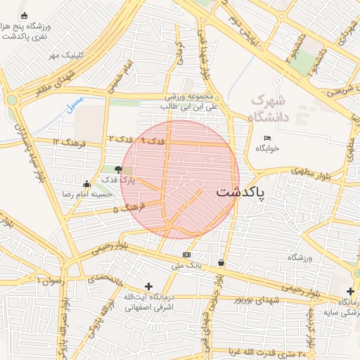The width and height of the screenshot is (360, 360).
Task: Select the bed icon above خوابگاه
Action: coord(267,138)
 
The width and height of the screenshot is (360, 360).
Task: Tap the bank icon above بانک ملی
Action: coord(186,254)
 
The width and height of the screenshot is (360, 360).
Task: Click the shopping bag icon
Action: coord(221,263)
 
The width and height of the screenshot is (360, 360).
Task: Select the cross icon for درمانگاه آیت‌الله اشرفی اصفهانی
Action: coord(148,286)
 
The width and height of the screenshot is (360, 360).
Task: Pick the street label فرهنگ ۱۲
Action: coord(68,143)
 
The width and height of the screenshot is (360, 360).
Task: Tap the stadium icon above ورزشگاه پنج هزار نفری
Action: coord(25,15)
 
